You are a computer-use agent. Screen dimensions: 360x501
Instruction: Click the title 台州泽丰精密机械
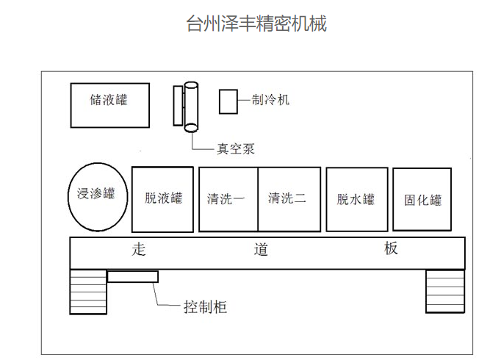point(256,24)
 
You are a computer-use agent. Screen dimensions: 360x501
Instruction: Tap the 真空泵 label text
point(235,148)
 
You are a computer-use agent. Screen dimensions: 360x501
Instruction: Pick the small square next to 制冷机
point(228,101)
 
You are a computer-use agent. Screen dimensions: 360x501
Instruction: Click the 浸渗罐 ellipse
point(97,196)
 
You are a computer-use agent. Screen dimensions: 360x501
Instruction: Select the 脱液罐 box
point(162,198)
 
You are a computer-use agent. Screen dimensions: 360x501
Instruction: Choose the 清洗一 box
point(228,198)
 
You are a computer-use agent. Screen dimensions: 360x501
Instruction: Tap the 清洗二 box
point(289,198)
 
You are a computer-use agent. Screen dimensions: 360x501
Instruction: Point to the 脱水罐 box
point(356,198)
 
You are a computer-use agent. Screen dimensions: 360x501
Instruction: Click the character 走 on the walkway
point(140,249)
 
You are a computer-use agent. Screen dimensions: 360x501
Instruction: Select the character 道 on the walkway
point(262,249)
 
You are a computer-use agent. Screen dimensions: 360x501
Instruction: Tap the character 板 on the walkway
point(390,248)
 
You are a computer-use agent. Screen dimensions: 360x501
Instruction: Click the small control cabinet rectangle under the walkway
point(133,276)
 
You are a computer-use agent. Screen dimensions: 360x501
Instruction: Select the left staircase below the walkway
point(88,292)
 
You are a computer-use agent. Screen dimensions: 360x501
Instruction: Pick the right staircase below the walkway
point(445,291)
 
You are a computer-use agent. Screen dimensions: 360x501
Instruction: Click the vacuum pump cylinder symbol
point(191,107)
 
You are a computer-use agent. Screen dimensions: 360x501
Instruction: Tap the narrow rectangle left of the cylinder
point(178,105)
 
